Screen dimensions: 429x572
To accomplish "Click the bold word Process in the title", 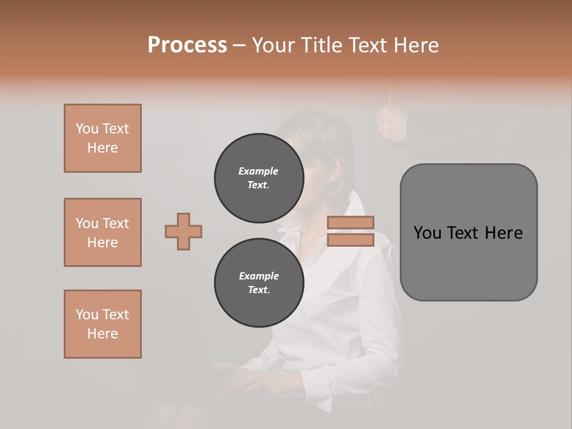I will (187, 45).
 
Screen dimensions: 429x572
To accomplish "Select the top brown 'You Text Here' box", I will (102, 138).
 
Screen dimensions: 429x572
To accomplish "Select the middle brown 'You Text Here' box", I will (102, 232).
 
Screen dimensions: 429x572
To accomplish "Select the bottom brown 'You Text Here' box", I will (102, 324).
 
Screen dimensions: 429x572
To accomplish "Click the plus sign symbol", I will (184, 231).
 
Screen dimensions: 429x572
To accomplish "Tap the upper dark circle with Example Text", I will (259, 178).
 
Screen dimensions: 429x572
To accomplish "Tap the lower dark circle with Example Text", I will (259, 283).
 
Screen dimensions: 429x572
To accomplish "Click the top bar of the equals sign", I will (351, 223).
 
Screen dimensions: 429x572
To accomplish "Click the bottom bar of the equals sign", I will (351, 240).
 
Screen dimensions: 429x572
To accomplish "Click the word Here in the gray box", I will (503, 233).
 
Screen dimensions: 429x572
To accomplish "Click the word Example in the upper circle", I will (259, 171).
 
